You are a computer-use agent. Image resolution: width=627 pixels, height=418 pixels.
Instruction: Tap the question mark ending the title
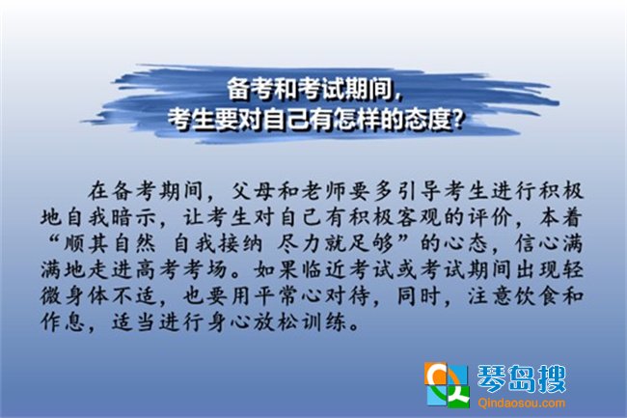tap(457, 120)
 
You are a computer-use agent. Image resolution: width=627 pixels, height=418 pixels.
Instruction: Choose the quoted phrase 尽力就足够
tap(337, 243)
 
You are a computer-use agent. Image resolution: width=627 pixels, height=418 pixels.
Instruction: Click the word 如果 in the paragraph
tap(276, 269)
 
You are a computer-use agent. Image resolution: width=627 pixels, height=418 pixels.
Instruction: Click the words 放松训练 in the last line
tap(301, 322)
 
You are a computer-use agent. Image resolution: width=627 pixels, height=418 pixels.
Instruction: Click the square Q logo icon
tap(447, 385)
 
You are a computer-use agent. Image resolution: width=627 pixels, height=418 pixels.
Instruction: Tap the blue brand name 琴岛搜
tap(522, 378)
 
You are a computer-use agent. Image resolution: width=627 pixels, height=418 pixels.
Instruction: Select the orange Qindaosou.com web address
tap(522, 403)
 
